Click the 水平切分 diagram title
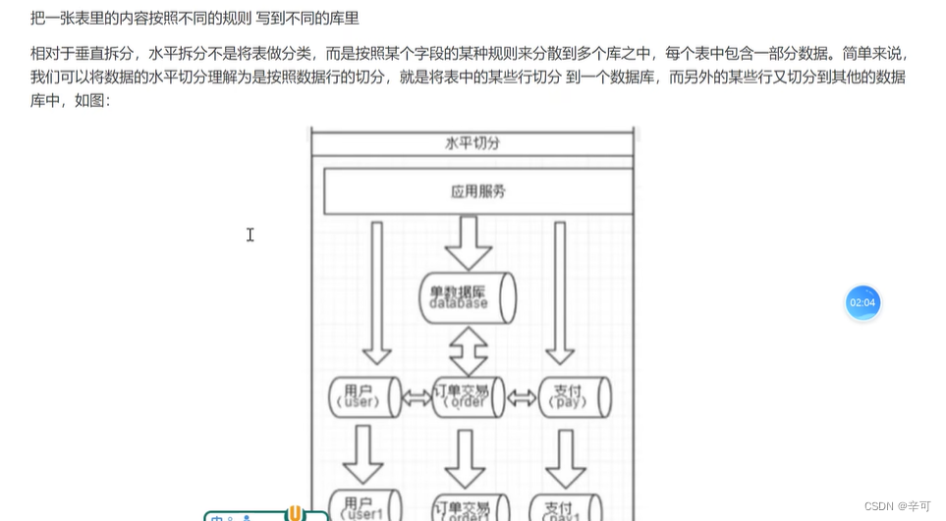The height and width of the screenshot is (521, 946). tap(473, 143)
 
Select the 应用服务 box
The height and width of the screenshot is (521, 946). tap(478, 192)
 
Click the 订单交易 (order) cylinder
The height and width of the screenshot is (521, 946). tap(468, 396)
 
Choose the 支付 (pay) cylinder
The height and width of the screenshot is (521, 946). tap(574, 396)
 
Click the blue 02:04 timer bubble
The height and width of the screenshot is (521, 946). tap(863, 302)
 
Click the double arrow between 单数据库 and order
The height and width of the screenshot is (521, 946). tap(469, 346)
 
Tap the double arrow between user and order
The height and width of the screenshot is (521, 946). tap(416, 397)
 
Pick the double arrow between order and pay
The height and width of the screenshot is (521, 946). tap(521, 397)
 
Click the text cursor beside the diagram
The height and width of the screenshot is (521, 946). tap(250, 234)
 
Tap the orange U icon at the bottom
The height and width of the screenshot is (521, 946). tap(294, 513)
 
